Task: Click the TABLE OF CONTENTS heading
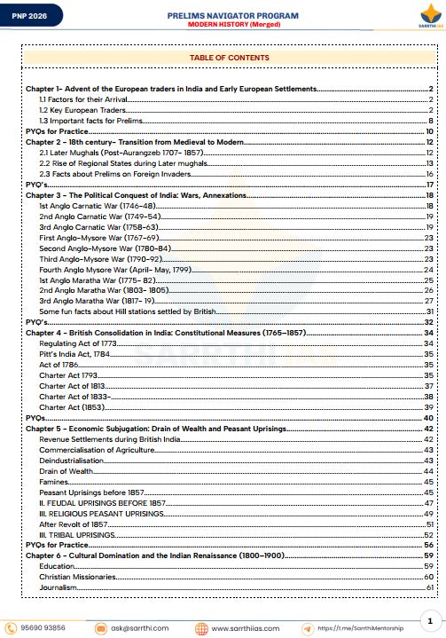coord(230,58)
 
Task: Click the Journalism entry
coord(59,587)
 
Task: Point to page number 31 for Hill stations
coord(428,311)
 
